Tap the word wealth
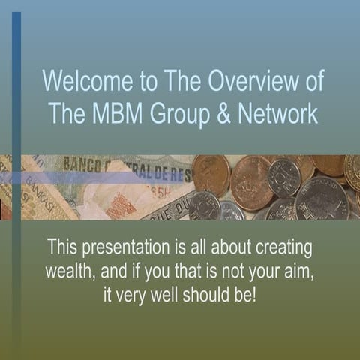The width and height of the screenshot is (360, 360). pyautogui.click(x=70, y=271)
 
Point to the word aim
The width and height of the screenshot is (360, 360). pyautogui.click(x=293, y=271)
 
